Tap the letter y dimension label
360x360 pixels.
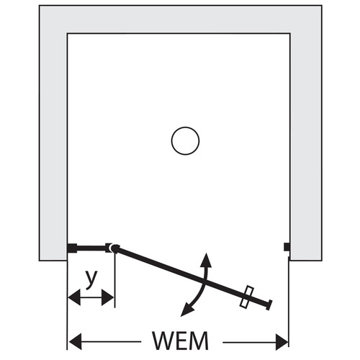(x=91, y=279)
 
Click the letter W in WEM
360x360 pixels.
(x=164, y=341)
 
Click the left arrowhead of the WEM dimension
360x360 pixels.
(x=75, y=341)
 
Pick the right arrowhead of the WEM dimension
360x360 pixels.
(x=282, y=341)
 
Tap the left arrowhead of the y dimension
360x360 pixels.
(x=74, y=297)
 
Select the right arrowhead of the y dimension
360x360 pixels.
(x=107, y=297)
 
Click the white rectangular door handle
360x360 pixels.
(x=246, y=297)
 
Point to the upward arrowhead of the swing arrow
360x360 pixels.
(x=206, y=260)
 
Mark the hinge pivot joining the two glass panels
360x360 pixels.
(x=115, y=248)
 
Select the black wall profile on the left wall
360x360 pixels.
(x=72, y=248)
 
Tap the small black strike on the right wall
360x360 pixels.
(x=287, y=247)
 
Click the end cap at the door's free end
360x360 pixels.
(x=269, y=305)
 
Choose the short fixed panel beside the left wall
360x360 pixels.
(x=91, y=248)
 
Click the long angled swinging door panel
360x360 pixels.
(x=193, y=276)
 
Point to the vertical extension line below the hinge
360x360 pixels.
(x=115, y=280)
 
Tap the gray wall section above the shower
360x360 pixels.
(x=181, y=19)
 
